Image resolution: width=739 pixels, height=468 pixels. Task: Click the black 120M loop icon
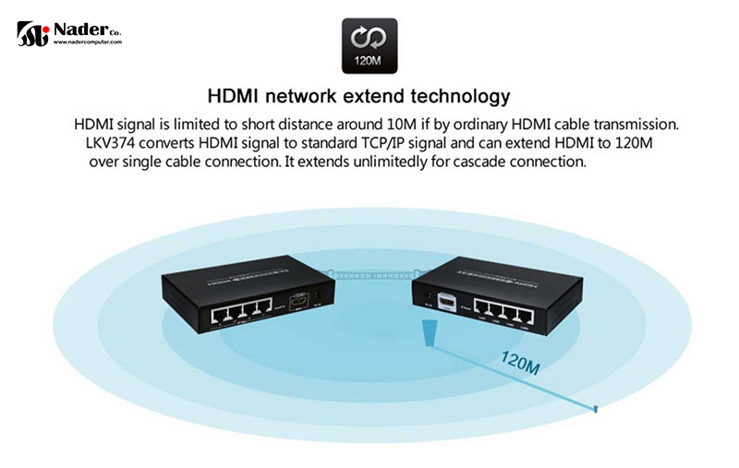[369, 46]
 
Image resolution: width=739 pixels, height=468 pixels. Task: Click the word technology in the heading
[454, 96]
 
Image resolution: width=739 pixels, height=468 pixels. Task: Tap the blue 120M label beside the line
[520, 361]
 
